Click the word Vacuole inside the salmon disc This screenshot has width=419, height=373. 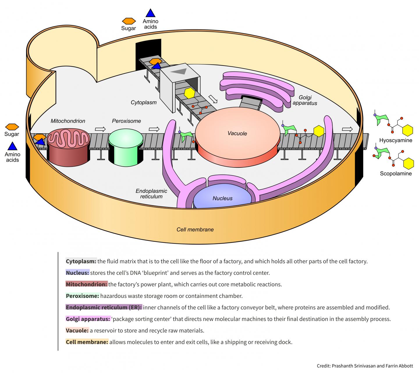[x=237, y=134]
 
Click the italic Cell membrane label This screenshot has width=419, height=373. [x=195, y=229]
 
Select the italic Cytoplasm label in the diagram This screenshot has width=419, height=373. [x=143, y=102]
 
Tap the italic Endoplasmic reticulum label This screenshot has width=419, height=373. [x=151, y=194]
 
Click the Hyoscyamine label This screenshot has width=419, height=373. [x=396, y=140]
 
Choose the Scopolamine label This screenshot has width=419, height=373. [x=396, y=174]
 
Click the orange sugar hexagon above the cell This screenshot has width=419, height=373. [x=129, y=21]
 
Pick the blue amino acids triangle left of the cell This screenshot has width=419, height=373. [x=12, y=146]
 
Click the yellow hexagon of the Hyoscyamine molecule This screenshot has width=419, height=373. [x=407, y=130]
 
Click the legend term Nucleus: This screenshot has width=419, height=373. [x=77, y=273]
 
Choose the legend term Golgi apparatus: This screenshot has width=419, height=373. [x=88, y=319]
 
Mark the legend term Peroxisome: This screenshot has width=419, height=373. [x=83, y=296]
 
